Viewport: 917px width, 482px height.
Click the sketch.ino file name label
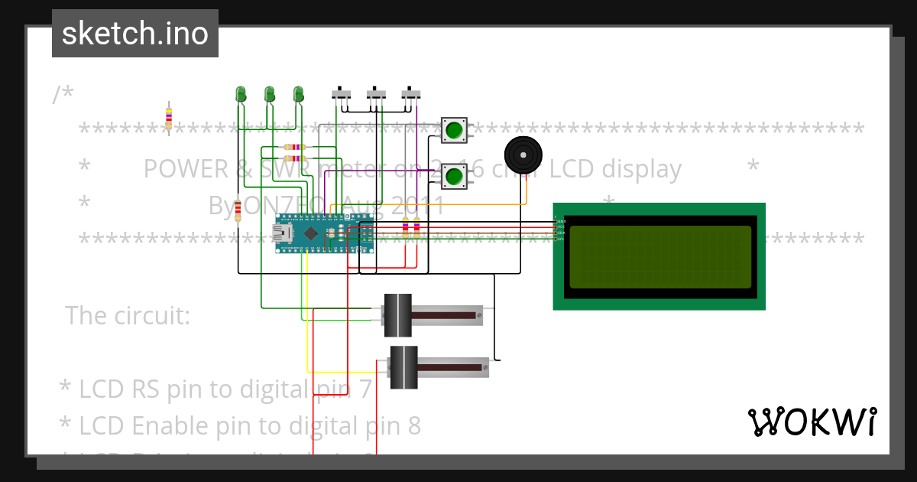click(135, 34)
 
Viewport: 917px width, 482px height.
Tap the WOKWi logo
click(812, 422)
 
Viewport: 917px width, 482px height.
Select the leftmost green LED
click(241, 94)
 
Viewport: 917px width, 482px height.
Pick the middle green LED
click(269, 94)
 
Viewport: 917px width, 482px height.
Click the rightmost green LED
click(298, 94)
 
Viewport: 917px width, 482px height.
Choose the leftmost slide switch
click(341, 94)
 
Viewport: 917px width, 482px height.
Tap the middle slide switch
click(376, 94)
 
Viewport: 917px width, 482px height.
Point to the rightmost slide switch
click(411, 94)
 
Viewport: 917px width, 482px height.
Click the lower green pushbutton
click(454, 176)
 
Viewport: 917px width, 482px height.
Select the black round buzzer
click(523, 156)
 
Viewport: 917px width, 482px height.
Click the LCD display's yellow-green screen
click(660, 256)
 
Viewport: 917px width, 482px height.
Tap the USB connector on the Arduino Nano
click(284, 233)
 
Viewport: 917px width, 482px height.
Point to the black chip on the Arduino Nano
click(310, 233)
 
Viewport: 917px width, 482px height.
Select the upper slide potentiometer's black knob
click(397, 315)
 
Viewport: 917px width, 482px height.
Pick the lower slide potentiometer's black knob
click(403, 367)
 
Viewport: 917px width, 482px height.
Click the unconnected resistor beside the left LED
click(169, 116)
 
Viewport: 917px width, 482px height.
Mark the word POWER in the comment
click(184, 168)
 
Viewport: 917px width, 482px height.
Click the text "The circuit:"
click(128, 315)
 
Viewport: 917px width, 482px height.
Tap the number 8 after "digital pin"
click(413, 425)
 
